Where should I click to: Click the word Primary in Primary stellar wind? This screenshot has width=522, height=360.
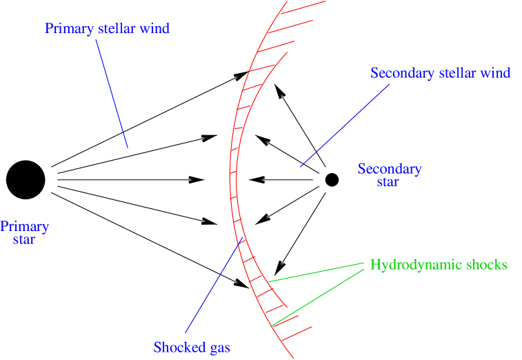tap(67, 29)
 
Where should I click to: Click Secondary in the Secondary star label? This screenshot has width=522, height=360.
tap(390, 169)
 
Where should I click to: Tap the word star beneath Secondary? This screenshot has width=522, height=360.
tap(388, 183)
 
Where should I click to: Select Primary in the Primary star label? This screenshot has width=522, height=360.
tap(25, 226)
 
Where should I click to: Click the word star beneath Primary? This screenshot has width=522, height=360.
tap(24, 240)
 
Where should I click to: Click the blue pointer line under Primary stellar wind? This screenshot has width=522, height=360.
tap(112, 94)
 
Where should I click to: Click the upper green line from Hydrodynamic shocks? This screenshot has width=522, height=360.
tap(316, 272)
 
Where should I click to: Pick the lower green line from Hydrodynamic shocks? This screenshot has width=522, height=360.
tap(318, 297)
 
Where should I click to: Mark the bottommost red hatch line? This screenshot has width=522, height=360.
tap(294, 333)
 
